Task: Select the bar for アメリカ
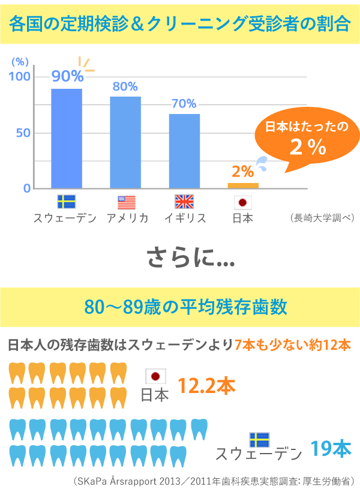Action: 125,142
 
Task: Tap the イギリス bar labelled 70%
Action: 184,151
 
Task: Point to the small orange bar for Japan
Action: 243,185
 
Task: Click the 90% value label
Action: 67,76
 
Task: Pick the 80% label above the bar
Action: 125,87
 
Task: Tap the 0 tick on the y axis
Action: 27,188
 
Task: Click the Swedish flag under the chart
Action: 66,202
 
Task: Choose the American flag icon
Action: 127,202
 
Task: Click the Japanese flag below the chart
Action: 242,202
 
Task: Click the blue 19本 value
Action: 331,449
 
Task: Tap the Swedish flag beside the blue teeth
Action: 259,439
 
